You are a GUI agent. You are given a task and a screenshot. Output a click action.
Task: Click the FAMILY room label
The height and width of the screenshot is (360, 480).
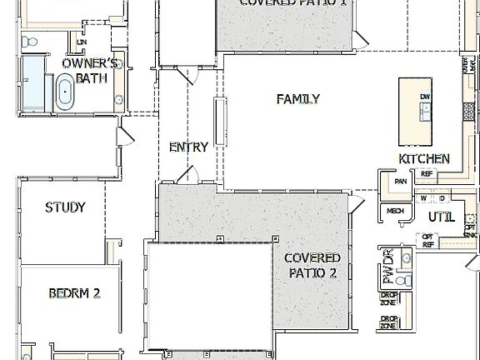point(297,99)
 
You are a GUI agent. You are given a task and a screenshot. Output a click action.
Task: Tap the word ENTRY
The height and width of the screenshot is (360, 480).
point(188,147)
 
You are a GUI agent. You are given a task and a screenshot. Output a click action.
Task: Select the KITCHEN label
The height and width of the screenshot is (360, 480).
point(424,158)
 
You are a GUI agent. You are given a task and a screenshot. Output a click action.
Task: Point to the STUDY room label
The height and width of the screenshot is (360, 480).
point(65,207)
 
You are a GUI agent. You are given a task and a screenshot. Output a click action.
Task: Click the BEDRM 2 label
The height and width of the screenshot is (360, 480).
point(74,293)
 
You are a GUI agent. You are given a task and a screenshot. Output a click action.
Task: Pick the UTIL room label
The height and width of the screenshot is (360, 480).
point(441,217)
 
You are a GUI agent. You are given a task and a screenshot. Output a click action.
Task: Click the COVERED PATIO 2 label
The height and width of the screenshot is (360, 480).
point(312,265)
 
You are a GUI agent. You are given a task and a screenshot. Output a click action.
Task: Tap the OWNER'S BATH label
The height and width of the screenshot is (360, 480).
point(91,71)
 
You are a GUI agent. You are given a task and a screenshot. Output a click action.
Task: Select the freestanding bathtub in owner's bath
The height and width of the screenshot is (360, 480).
point(64,92)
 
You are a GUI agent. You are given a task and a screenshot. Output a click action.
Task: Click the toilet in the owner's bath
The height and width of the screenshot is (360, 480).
point(31,42)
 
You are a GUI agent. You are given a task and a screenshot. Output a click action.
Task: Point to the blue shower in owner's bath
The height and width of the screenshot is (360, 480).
point(32,84)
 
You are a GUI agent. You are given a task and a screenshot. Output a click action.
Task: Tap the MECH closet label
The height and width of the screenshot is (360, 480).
point(395,212)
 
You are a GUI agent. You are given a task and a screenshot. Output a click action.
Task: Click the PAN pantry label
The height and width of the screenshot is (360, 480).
point(401,180)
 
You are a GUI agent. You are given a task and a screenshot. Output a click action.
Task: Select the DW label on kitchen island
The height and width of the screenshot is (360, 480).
point(425,97)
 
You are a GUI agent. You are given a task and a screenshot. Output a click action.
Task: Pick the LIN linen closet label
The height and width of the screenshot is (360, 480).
point(82,41)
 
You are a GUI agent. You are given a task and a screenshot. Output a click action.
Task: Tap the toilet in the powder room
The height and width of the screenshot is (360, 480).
point(402,282)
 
